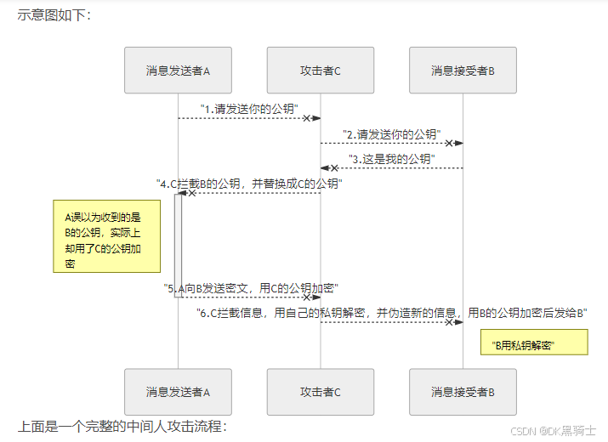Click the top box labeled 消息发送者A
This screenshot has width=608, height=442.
[x=178, y=70]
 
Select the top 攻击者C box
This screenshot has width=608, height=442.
[x=321, y=70]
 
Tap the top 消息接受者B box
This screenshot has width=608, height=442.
[x=463, y=70]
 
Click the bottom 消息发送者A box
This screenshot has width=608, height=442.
[x=178, y=392]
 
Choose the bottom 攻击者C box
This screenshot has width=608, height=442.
[x=321, y=392]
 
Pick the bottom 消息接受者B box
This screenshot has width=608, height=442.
[x=463, y=392]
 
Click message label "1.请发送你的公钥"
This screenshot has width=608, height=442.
[x=249, y=109]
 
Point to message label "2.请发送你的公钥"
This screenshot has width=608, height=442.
[x=392, y=134]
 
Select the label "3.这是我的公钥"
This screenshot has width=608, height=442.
[x=392, y=159]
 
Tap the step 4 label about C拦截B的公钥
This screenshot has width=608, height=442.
[x=249, y=184]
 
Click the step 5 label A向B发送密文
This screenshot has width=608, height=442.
[x=251, y=288]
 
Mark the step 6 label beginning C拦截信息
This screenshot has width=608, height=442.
[x=392, y=313]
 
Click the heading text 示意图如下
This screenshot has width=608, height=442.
[x=53, y=14]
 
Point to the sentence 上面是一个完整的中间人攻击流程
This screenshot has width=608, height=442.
[x=122, y=426]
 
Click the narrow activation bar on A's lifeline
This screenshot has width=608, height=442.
[x=179, y=245]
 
